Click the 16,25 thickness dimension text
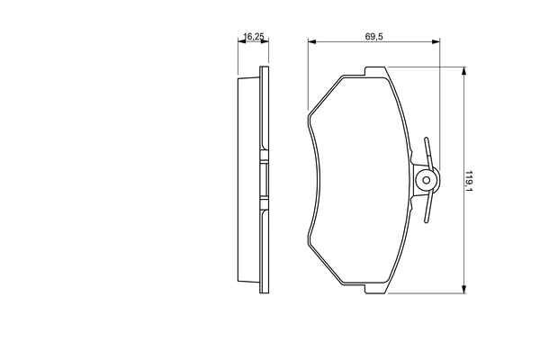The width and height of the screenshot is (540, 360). tap(253, 37)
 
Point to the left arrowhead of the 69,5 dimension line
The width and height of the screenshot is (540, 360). tap(311, 42)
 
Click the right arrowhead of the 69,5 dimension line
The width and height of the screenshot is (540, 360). tap(436, 42)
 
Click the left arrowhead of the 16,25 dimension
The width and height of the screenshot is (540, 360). tap(240, 42)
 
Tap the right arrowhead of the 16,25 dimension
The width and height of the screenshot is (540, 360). tap(266, 42)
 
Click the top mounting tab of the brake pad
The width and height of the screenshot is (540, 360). tap(374, 71)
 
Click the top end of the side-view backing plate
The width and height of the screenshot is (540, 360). tap(264, 68)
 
